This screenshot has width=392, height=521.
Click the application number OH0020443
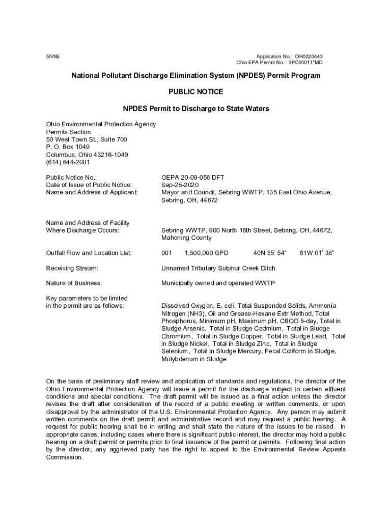click(x=309, y=56)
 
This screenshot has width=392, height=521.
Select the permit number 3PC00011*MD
click(x=305, y=63)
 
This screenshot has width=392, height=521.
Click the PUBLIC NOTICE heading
click(x=195, y=92)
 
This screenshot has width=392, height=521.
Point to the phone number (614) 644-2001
click(x=68, y=162)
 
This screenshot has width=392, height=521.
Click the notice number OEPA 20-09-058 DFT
click(x=192, y=177)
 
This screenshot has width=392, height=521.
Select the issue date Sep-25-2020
click(x=180, y=185)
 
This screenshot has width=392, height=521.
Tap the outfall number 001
click(x=167, y=253)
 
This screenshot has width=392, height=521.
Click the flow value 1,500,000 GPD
click(x=206, y=253)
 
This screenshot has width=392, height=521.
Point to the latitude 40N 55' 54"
click(x=270, y=253)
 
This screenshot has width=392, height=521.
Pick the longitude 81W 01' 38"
click(x=317, y=253)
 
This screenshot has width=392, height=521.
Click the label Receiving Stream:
click(x=72, y=268)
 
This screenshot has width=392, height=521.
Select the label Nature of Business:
click(x=74, y=283)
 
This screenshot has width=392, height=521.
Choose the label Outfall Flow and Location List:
click(x=89, y=253)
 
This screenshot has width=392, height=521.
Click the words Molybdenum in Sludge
click(x=193, y=359)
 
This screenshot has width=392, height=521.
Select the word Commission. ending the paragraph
click(x=64, y=457)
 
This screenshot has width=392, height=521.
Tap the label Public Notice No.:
click(x=71, y=177)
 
